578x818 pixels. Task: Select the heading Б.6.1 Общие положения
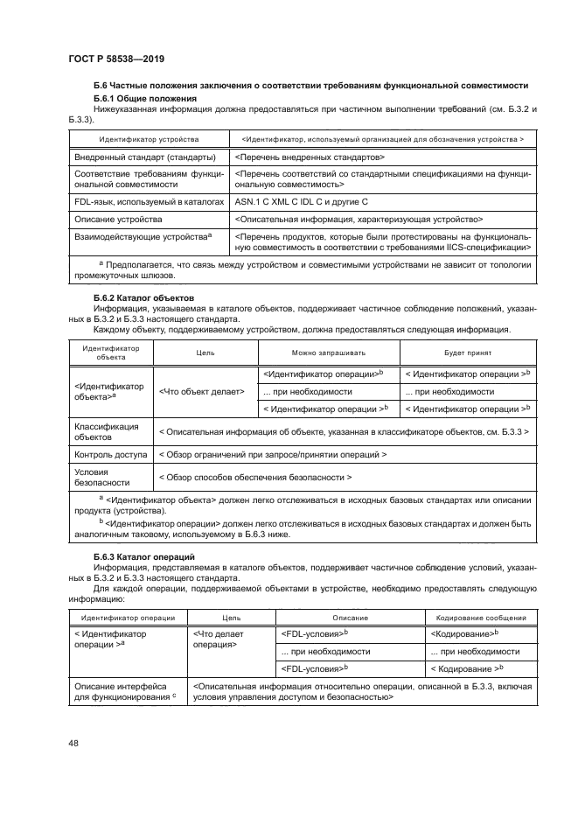[143, 99]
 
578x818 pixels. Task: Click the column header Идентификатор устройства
[148, 139]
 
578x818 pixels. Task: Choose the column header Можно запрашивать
[329, 353]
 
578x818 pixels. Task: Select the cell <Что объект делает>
[202, 391]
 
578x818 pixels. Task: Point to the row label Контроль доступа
[106, 455]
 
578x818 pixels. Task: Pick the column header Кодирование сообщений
[479, 618]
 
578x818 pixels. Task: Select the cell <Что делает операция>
[219, 639]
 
